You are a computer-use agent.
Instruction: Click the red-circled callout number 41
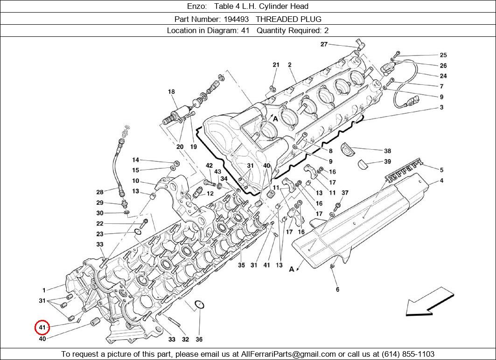tap(42, 328)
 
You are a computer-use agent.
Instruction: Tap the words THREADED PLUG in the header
tap(295, 19)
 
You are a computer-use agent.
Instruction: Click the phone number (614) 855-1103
tap(407, 354)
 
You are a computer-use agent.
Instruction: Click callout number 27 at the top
tap(324, 44)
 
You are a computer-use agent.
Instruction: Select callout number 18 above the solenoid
tap(171, 92)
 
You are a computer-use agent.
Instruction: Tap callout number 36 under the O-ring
tap(199, 339)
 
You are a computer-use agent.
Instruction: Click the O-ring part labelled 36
tap(199, 305)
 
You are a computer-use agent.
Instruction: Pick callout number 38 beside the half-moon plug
tap(387, 151)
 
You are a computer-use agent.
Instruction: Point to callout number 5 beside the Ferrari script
tap(441, 170)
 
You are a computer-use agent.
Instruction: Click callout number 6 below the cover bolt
tap(337, 289)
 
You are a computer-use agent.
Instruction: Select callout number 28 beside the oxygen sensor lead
tap(100, 192)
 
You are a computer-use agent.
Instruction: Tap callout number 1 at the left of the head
tap(44, 290)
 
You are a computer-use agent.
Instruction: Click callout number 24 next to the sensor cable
tap(443, 76)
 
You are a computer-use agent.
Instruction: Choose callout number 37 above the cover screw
tap(345, 193)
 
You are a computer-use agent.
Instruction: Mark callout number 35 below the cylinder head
tap(241, 265)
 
